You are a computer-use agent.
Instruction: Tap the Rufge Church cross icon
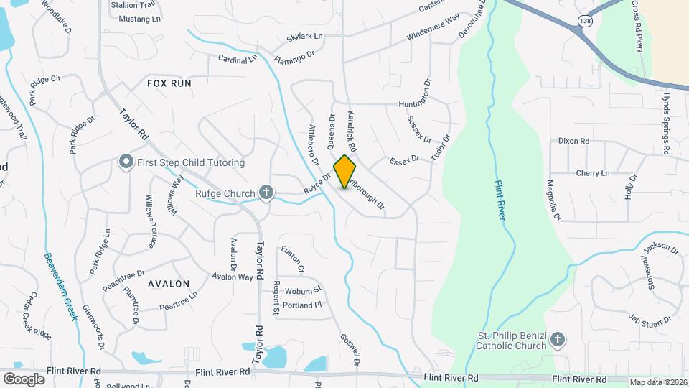266,193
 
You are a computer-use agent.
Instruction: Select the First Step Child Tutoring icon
126,162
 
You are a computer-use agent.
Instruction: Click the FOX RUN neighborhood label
169,83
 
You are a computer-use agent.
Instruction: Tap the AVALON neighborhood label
169,283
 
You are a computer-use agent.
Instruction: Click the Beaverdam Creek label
60,286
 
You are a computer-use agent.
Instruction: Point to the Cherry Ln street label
592,173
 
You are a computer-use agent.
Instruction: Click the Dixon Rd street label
573,142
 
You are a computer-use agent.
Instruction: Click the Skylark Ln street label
304,36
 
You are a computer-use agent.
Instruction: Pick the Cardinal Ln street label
237,59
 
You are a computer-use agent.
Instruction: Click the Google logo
24,379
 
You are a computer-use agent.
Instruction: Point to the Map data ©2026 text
658,382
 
